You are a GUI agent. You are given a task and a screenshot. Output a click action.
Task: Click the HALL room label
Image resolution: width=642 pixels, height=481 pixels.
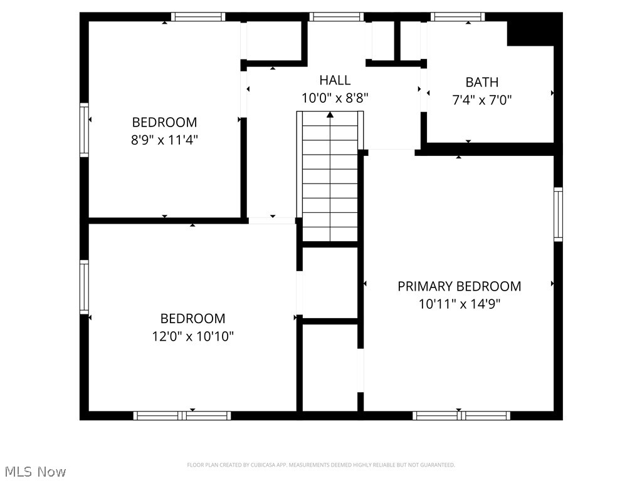click(335, 80)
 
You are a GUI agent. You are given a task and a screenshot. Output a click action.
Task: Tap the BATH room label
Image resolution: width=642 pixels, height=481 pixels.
click(481, 82)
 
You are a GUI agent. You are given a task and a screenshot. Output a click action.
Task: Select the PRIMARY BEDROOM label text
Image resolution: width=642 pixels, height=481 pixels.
click(459, 286)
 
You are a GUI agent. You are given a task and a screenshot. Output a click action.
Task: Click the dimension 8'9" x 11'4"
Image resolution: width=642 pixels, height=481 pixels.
click(164, 140)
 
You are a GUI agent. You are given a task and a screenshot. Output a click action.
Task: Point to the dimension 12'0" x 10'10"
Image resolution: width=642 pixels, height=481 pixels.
click(192, 336)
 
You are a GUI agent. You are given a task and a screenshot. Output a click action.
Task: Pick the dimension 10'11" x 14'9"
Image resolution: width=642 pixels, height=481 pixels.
click(459, 304)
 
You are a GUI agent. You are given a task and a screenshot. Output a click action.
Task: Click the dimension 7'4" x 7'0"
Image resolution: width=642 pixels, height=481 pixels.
click(481, 100)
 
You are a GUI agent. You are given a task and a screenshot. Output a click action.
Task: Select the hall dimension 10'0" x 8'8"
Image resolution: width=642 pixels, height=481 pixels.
click(335, 98)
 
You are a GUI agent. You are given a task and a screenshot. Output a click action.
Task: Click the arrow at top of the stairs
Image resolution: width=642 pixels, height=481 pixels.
click(330, 115)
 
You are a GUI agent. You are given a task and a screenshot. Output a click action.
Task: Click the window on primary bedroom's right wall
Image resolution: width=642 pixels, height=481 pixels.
click(557, 214)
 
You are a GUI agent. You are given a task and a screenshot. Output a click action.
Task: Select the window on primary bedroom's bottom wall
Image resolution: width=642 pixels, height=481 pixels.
click(461, 415)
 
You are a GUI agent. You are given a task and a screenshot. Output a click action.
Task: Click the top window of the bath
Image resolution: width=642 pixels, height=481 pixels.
click(457, 17)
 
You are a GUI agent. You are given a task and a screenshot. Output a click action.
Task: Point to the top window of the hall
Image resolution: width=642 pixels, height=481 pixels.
click(336, 17)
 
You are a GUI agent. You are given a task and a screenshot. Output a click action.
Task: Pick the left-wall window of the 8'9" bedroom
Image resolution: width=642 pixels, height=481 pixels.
click(84, 130)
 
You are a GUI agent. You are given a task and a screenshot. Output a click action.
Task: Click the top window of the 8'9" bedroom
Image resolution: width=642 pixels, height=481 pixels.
click(197, 17)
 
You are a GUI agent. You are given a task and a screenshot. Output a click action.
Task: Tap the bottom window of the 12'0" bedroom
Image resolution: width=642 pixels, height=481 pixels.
click(182, 415)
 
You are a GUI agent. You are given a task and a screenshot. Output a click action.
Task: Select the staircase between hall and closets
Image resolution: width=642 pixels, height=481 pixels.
click(330, 178)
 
